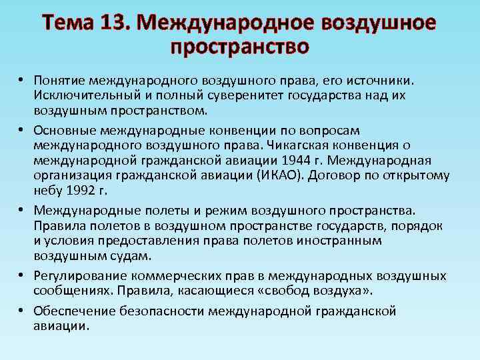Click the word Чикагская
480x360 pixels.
(300, 144)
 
